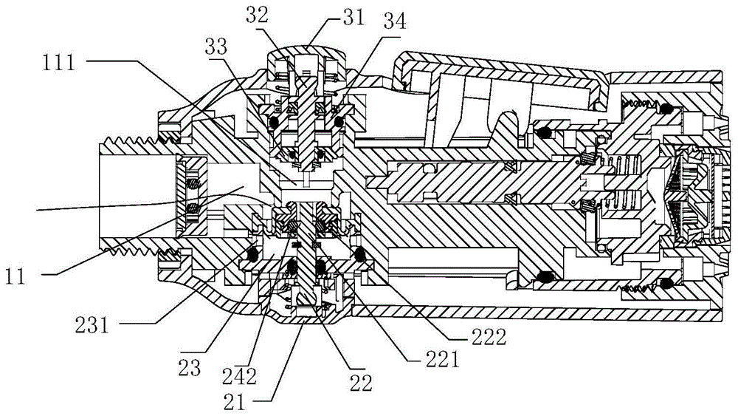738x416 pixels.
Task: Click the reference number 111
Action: tap(59, 62)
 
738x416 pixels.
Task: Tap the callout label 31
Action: tap(354, 17)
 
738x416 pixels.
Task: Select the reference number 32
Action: tap(257, 15)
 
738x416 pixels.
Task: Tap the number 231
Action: tap(92, 324)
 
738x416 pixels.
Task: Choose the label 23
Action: tap(189, 367)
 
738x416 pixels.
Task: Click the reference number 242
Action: tap(240, 376)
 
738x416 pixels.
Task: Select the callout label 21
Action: tap(235, 402)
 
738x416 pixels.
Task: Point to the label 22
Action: tap(361, 383)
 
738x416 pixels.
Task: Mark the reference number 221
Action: tap(441, 360)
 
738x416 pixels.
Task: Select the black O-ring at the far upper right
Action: tap(665, 109)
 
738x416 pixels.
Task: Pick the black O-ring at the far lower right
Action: tap(665, 283)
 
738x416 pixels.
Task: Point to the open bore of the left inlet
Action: tap(137, 197)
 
